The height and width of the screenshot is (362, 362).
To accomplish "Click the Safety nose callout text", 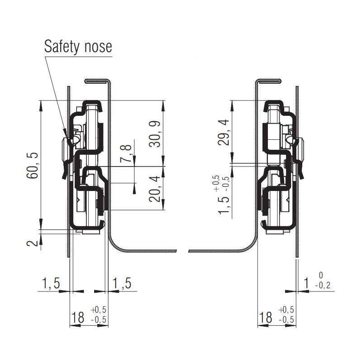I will [78, 46].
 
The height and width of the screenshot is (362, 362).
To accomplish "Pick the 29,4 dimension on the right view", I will [223, 132].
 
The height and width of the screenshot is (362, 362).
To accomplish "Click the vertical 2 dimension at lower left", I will [32, 243].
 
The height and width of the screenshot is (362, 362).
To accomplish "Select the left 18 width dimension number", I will [78, 318].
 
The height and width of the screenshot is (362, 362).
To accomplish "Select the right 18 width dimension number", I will [267, 318].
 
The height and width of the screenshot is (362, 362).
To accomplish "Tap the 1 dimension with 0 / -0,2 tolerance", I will [306, 284].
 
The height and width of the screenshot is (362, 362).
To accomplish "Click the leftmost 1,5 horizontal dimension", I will [51, 284].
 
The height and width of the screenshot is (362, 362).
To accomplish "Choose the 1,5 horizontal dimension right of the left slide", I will [121, 284].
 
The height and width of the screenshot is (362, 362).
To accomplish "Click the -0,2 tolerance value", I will [322, 286].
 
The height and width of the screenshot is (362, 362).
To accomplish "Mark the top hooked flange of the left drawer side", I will [97, 81].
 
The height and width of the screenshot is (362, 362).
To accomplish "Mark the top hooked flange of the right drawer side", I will [269, 81].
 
